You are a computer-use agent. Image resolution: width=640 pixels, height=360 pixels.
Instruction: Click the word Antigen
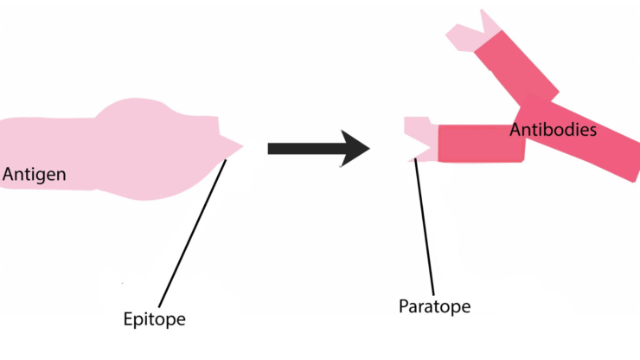pos(35,175)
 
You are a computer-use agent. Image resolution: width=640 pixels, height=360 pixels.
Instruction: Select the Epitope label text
pos(154,319)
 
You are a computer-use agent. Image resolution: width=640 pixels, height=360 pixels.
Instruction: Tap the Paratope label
pos(434,307)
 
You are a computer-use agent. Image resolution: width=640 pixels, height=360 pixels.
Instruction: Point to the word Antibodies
pos(553,130)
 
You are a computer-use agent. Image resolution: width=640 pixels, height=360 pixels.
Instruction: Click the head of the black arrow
pos(355,148)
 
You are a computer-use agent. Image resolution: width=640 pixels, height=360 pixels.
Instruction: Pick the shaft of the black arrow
pos(304,148)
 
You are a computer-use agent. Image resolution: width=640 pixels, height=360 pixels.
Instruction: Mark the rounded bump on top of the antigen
pos(135,108)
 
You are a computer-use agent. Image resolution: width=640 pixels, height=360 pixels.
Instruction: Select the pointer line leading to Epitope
pos(192,233)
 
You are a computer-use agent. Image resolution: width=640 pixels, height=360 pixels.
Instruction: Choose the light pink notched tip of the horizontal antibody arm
pos(420,139)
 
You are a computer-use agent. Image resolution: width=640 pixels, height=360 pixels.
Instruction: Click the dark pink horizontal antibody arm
pos(481,144)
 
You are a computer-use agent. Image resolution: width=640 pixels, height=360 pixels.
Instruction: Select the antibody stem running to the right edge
pos(579,137)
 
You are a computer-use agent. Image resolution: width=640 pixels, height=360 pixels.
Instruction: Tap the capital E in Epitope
pos(128,318)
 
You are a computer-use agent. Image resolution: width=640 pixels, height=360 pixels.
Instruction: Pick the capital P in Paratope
pos(403,306)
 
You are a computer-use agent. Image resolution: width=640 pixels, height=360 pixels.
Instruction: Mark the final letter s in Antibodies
pos(592,132)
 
